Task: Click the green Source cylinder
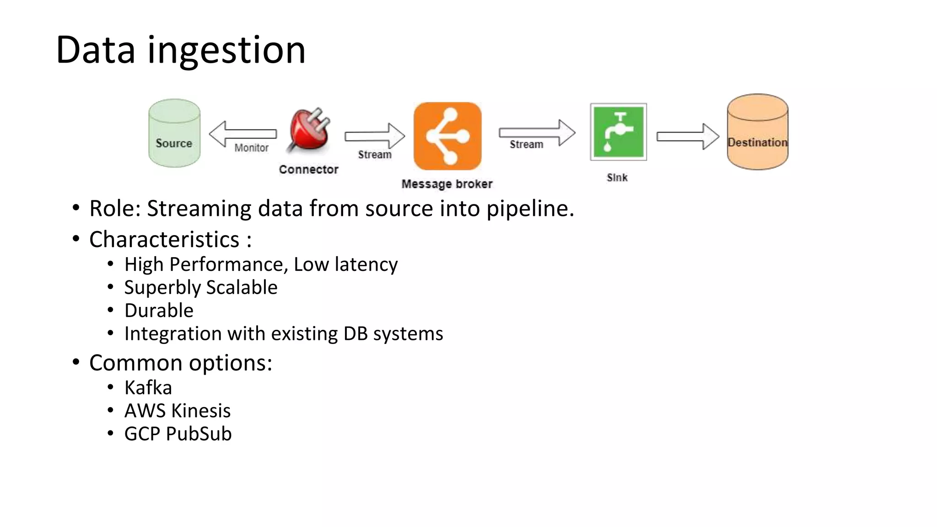(x=174, y=133)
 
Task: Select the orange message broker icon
(x=447, y=136)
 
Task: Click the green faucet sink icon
(x=618, y=132)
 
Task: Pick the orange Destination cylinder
(x=757, y=132)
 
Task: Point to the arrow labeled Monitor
(x=242, y=134)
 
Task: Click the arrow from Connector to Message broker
(x=374, y=136)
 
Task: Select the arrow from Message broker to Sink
(x=536, y=133)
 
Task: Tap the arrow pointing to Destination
(x=687, y=136)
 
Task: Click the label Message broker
(x=447, y=184)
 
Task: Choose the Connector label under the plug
(x=308, y=169)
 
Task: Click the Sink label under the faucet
(x=617, y=177)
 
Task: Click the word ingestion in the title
(x=226, y=50)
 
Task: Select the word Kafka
(x=148, y=387)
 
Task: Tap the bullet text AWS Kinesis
(x=177, y=410)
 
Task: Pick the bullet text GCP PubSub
(x=178, y=434)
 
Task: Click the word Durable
(x=159, y=310)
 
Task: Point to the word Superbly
(x=162, y=288)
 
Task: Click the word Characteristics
(x=164, y=239)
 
